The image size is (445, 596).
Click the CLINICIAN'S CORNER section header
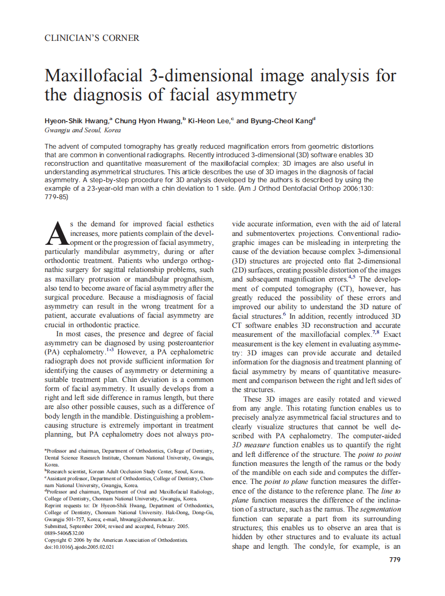point(92,38)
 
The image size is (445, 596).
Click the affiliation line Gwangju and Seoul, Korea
point(82,130)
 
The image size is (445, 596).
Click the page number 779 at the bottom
point(395,559)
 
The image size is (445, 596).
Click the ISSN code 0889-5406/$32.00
point(64,533)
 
